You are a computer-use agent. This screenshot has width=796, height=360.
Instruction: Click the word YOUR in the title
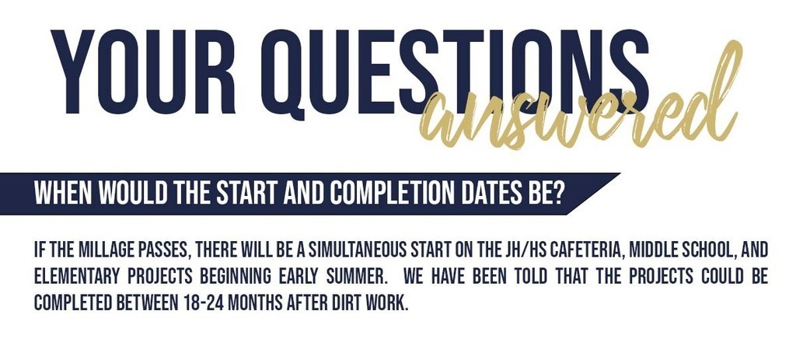point(143,72)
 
